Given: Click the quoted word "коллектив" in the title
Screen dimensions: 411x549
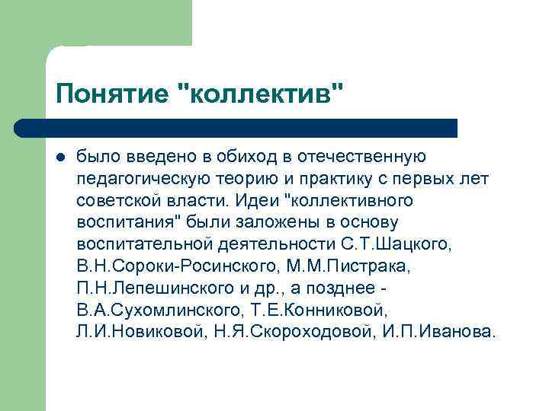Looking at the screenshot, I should pos(259,95).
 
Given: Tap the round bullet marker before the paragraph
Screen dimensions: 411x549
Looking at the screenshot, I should pos(60,157).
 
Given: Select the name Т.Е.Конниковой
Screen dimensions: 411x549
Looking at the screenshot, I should pos(317,311).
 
